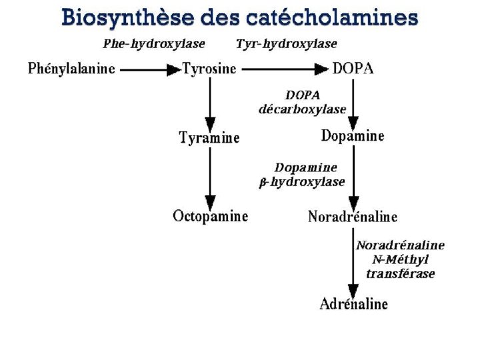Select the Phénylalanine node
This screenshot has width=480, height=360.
pyautogui.click(x=71, y=68)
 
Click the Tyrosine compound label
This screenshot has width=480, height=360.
pyautogui.click(x=209, y=69)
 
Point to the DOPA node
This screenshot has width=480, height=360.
pyautogui.click(x=354, y=68)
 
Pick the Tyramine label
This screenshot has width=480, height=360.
pyautogui.click(x=209, y=138)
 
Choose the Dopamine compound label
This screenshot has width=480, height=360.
pyautogui.click(x=353, y=136)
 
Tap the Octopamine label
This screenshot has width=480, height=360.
pyautogui.click(x=210, y=216)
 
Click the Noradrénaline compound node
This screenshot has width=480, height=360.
pyautogui.click(x=353, y=217)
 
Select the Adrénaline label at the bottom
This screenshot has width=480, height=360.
pyautogui.click(x=353, y=304)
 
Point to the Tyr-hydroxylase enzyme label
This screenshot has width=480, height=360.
pyautogui.click(x=287, y=44)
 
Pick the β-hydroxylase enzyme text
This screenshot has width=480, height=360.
pyautogui.click(x=301, y=181)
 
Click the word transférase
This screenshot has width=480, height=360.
pyautogui.click(x=400, y=273)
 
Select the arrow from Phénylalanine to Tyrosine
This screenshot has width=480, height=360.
pyautogui.click(x=151, y=69)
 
